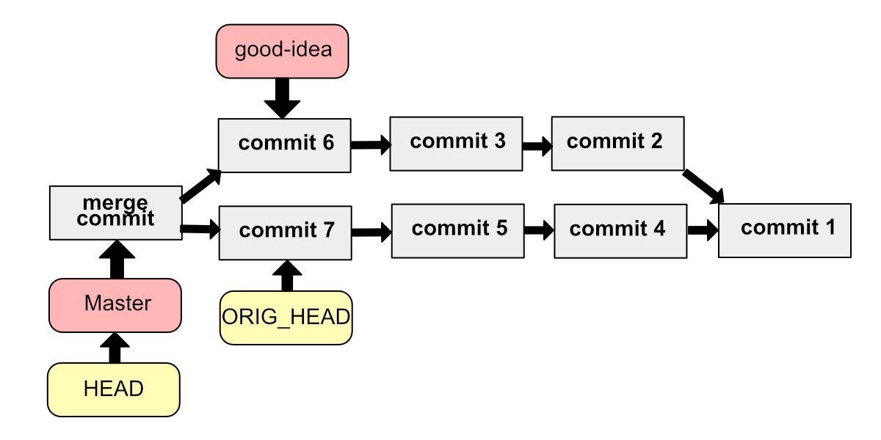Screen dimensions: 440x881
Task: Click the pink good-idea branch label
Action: [x=283, y=51]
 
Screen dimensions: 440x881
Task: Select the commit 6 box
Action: [x=285, y=145]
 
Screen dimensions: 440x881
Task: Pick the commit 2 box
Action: [x=617, y=143]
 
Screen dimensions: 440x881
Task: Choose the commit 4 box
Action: [x=620, y=231]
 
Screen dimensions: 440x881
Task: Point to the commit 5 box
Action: [x=458, y=230]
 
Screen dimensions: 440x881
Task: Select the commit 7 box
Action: [x=286, y=232]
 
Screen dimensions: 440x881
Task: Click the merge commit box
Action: [x=115, y=213]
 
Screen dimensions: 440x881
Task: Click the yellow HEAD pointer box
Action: [x=114, y=389]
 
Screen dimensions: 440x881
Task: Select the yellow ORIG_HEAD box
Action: [x=286, y=318]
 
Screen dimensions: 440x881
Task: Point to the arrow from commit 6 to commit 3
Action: [x=371, y=144]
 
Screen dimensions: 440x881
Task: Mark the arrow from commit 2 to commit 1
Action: [x=704, y=187]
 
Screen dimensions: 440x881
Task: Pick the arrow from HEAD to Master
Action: [x=114, y=348]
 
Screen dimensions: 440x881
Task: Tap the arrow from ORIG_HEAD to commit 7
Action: [x=286, y=276]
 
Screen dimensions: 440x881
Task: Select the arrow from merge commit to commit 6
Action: [x=200, y=186]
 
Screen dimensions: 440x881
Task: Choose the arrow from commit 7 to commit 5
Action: [x=371, y=232]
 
